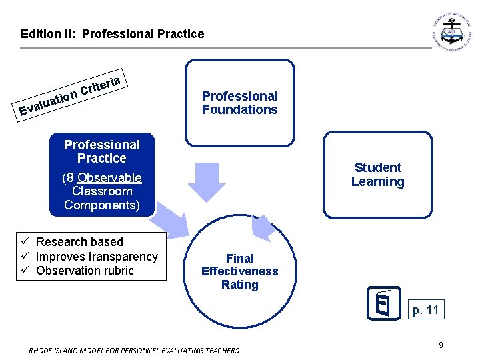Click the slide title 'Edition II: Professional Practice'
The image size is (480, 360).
point(112,33)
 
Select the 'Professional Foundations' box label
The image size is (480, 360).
point(239,103)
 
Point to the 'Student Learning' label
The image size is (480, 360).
point(377,175)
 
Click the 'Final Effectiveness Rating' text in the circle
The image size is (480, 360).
point(239,271)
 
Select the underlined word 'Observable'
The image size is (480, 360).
point(109,177)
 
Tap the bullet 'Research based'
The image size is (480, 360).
point(79,242)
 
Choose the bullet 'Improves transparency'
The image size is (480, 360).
point(97,257)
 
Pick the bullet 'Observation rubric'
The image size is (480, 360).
point(85,271)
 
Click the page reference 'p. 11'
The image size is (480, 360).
point(425,309)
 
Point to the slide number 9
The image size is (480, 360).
point(441,345)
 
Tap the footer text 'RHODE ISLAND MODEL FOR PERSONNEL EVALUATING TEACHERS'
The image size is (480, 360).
point(134,350)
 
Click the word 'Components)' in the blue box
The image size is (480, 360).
point(102,205)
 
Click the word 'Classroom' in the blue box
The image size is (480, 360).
point(102,191)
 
